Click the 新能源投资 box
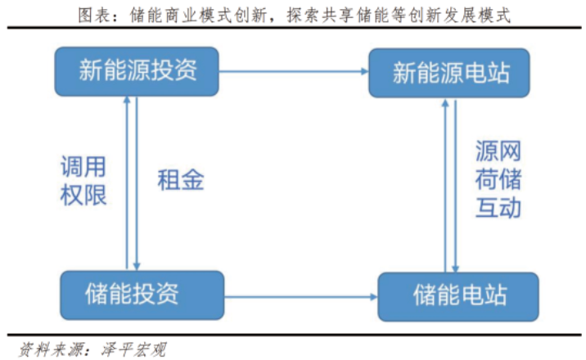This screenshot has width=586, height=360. pyautogui.click(x=137, y=71)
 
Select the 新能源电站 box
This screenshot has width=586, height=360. pyautogui.click(x=450, y=74)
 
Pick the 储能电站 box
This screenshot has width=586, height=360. pyautogui.click(x=459, y=295)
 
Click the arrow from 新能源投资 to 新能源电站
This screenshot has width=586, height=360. pyautogui.click(x=295, y=73)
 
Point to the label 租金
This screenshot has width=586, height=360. pyautogui.click(x=180, y=181)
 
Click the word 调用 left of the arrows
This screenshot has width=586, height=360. pyautogui.click(x=83, y=168)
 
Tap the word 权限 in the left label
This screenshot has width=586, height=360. pyautogui.click(x=83, y=196)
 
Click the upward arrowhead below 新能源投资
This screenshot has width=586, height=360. pyautogui.click(x=127, y=101)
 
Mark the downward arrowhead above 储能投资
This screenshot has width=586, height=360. pyautogui.click(x=137, y=264)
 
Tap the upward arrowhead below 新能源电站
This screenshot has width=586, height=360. pyautogui.click(x=445, y=103)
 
